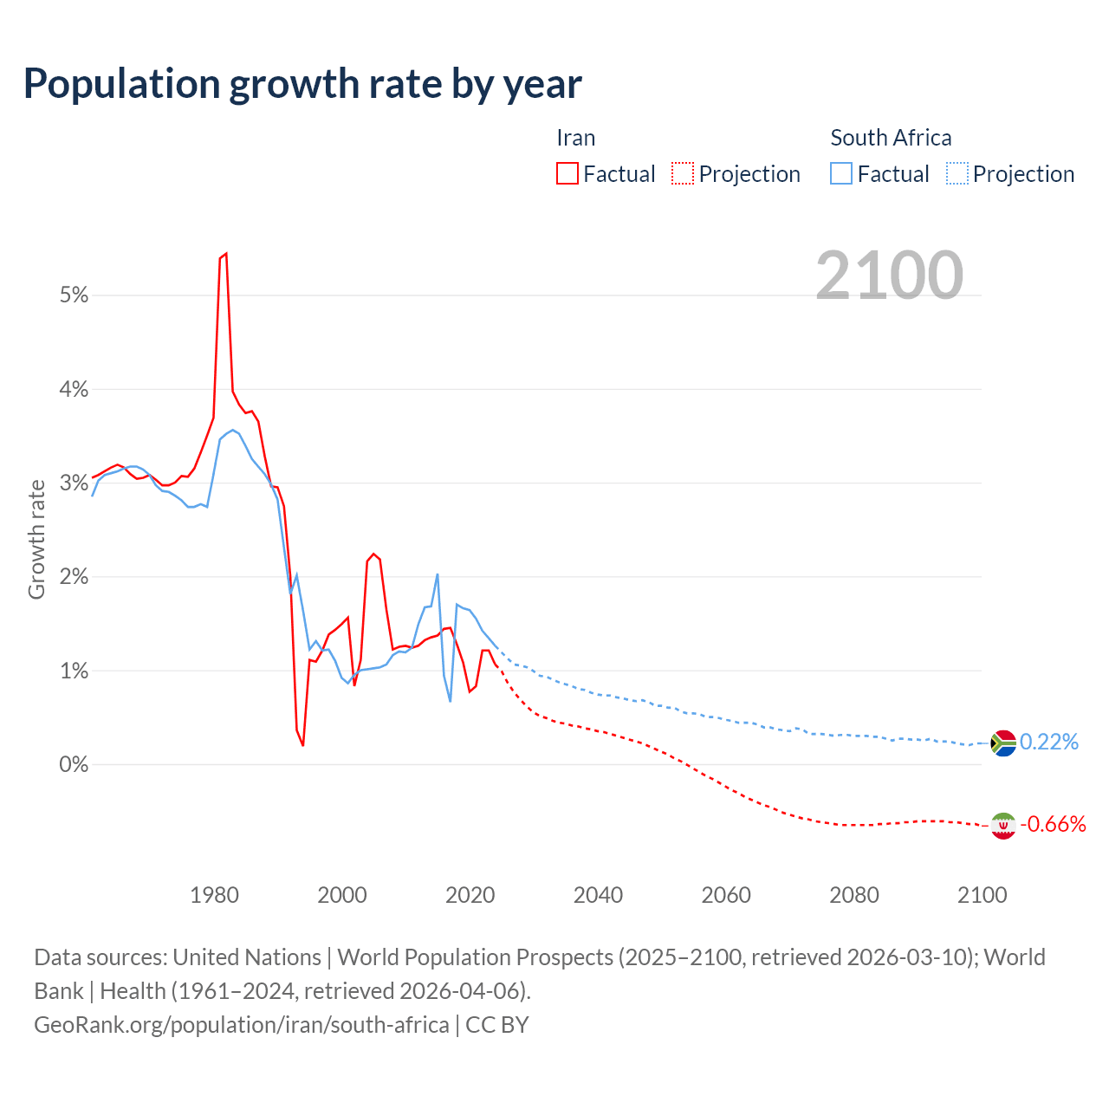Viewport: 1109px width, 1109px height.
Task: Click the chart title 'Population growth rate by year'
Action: click(x=302, y=84)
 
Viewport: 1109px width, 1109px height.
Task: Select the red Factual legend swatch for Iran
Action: click(x=567, y=173)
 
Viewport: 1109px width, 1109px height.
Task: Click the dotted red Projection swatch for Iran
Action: click(x=683, y=173)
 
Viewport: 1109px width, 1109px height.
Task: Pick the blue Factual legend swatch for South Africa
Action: click(x=841, y=173)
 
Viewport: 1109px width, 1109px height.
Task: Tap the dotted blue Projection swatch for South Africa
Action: click(x=957, y=173)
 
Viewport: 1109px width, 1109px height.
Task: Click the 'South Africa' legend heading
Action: click(x=891, y=138)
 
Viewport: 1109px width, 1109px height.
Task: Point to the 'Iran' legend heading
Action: click(x=575, y=138)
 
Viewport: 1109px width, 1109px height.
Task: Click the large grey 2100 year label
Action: click(x=889, y=276)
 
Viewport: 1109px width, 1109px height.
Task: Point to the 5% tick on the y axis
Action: click(x=75, y=295)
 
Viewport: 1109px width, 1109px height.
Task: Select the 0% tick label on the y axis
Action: click(x=75, y=765)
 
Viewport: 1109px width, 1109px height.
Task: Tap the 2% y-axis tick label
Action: click(x=75, y=577)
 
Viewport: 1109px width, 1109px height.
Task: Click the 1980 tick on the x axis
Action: click(x=214, y=895)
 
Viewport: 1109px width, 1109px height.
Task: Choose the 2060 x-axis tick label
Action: click(x=726, y=895)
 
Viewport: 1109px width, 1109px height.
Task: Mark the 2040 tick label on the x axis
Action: click(x=598, y=895)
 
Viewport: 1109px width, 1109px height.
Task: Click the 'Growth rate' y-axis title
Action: click(x=36, y=539)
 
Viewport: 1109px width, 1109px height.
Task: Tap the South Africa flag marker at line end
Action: click(x=1002, y=743)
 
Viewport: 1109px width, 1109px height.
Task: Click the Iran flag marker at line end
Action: click(x=1002, y=826)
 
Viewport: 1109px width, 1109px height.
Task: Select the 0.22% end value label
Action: click(x=1049, y=743)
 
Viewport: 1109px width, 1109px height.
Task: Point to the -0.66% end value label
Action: click(x=1053, y=825)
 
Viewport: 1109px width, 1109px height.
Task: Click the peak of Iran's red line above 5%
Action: click(x=225, y=254)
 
